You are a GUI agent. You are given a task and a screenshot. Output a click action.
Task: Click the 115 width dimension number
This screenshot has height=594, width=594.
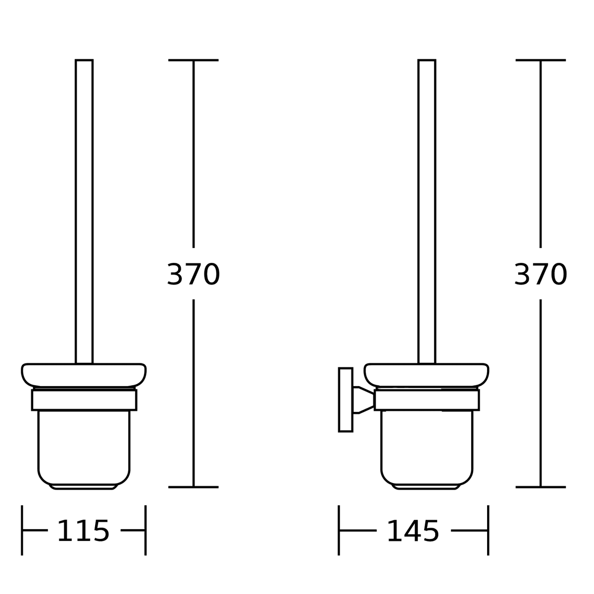point(83,531)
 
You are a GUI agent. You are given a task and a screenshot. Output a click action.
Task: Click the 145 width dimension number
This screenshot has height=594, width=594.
point(413,531)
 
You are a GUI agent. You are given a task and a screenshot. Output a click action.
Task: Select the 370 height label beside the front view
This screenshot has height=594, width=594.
point(193,274)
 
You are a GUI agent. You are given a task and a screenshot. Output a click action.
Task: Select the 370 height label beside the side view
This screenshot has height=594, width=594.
point(541,274)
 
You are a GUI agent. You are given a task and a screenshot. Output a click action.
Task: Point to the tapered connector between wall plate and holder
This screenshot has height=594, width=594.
point(363,400)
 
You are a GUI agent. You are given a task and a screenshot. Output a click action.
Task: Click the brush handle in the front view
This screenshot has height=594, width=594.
point(84,211)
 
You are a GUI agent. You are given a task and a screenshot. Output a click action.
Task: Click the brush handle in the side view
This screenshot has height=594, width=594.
point(427,211)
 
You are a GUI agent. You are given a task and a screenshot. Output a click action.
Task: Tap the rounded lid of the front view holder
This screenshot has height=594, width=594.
point(84,375)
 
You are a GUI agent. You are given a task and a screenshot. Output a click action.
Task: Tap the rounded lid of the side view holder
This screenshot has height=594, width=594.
point(426,375)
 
